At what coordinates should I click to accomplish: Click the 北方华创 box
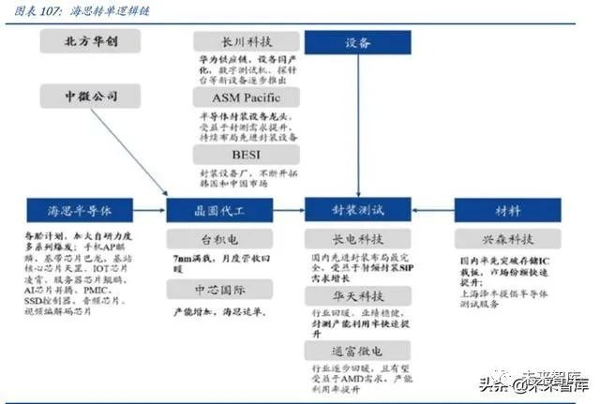pos(90,42)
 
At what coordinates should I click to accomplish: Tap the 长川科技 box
pos(247,42)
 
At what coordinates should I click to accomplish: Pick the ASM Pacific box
pos(247,97)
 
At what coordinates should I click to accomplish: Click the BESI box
pos(247,154)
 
